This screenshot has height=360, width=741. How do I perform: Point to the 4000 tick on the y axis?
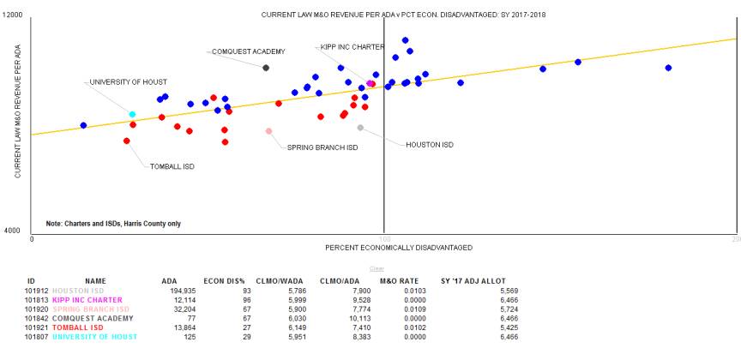click(x=13, y=231)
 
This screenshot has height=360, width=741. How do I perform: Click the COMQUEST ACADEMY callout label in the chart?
click(x=248, y=51)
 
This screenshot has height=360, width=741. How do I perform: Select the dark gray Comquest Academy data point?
click(x=266, y=68)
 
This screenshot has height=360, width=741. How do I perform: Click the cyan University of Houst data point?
click(x=132, y=114)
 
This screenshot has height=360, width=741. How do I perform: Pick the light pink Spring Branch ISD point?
click(x=268, y=131)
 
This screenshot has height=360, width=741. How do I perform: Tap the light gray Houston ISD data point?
click(x=360, y=128)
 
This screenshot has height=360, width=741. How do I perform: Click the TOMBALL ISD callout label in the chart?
click(x=172, y=166)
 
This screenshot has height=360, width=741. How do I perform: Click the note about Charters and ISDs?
click(x=112, y=224)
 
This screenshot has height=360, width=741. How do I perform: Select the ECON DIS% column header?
click(x=225, y=281)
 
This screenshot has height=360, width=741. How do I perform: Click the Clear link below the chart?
click(x=377, y=269)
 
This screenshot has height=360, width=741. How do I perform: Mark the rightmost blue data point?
click(x=668, y=68)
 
